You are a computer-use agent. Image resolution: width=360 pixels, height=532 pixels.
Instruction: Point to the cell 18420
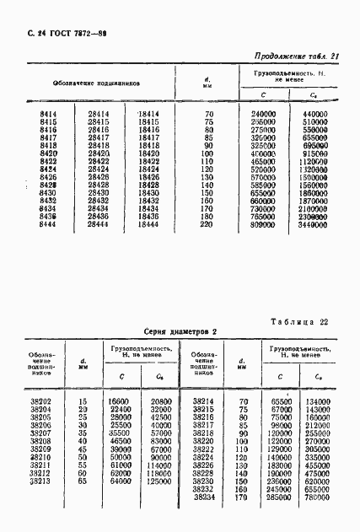148,154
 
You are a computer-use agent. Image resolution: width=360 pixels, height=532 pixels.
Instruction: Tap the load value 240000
264,113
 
